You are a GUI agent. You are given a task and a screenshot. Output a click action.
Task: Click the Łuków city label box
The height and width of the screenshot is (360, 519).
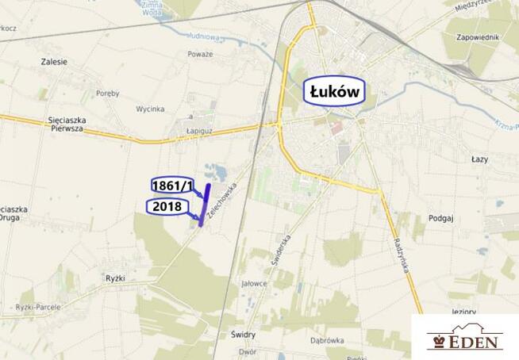[x=335, y=92]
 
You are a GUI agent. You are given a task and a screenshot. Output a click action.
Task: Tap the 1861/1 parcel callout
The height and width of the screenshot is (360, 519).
[x=172, y=186]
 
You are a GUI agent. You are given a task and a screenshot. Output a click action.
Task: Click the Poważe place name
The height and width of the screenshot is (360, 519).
[x=200, y=54]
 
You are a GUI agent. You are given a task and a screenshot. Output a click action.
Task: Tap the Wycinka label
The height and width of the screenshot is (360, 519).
[x=150, y=108]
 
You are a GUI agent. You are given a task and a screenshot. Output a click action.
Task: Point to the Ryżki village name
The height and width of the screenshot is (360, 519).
[x=116, y=278]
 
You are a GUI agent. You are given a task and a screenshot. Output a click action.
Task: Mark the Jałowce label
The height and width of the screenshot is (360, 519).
[x=254, y=283]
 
